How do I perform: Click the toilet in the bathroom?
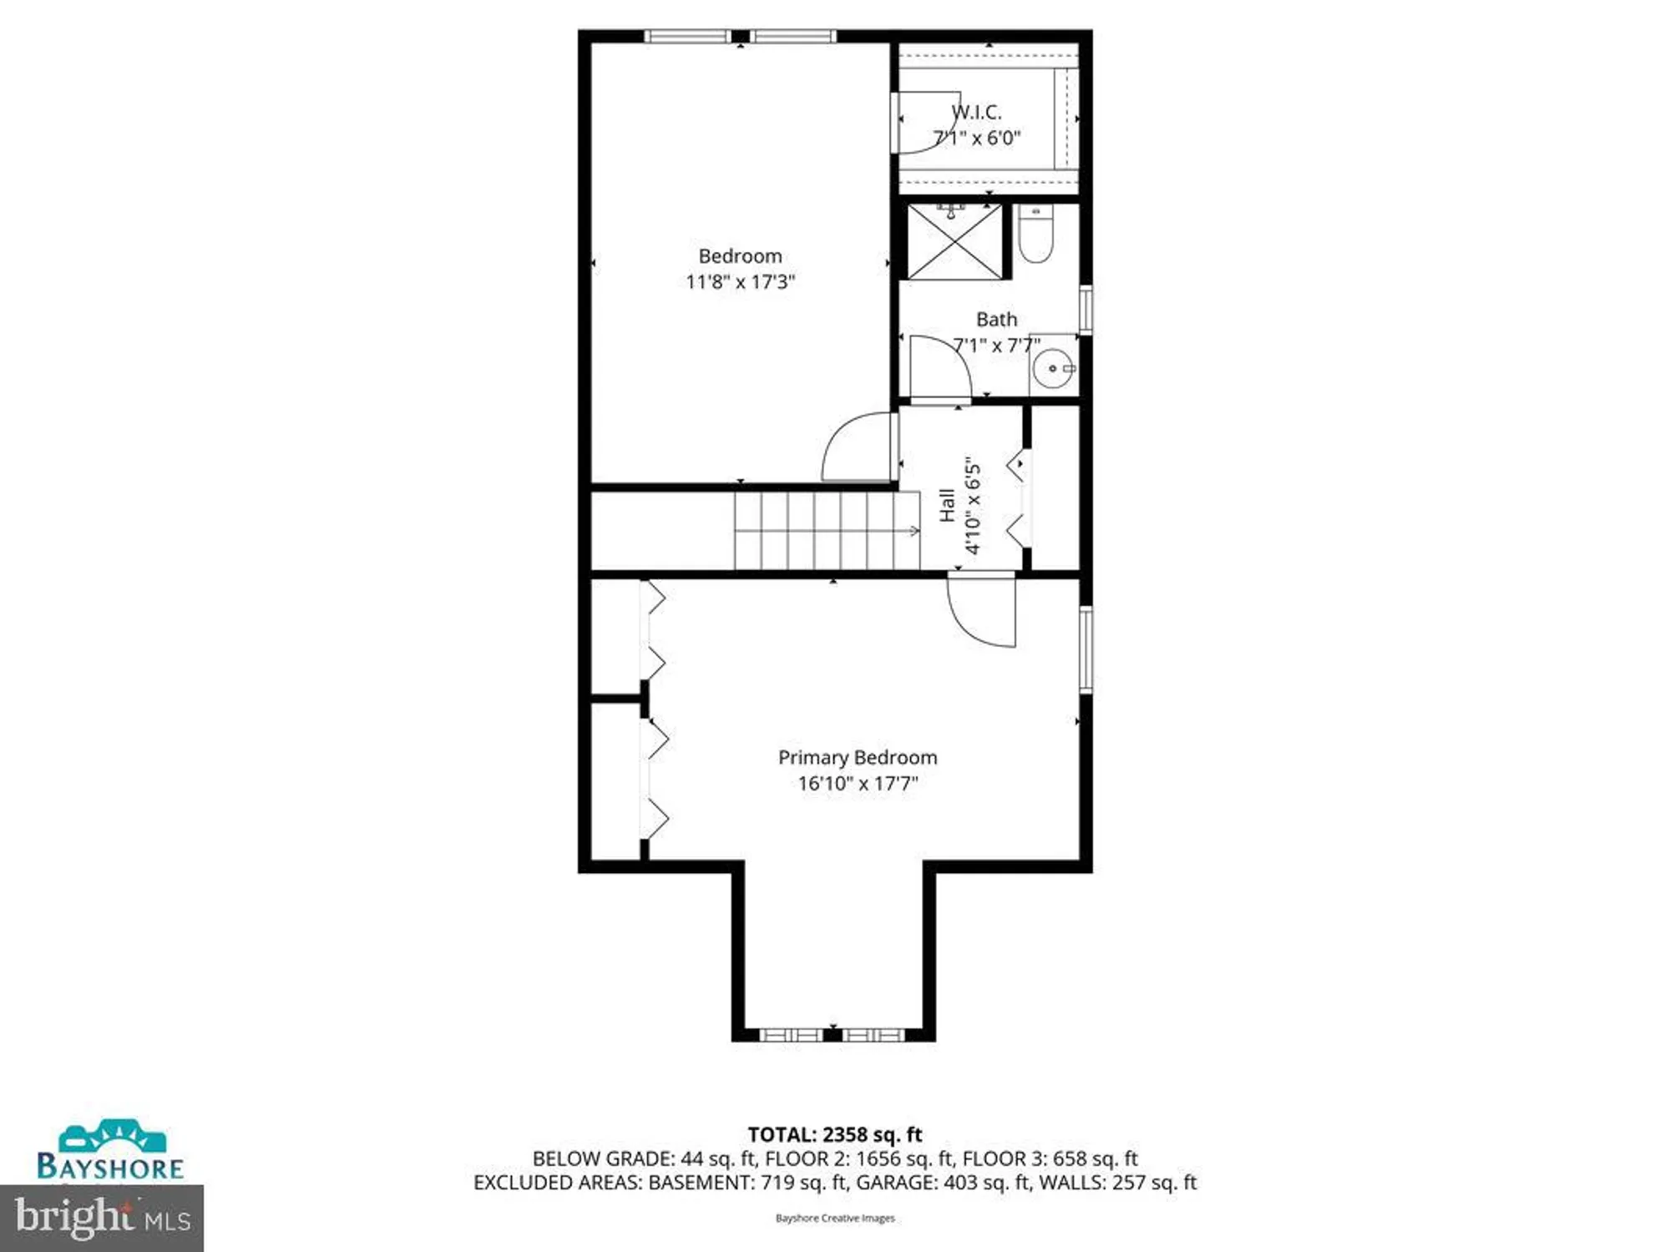[1035, 236]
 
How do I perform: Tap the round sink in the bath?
[1054, 368]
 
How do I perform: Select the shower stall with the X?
[954, 242]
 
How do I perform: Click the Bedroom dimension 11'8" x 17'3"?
[740, 282]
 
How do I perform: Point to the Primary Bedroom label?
[858, 757]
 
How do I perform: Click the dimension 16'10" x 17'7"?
[858, 784]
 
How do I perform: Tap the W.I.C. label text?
[976, 112]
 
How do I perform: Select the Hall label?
[947, 506]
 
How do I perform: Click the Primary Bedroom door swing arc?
[977, 618]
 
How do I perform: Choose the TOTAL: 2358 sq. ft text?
[834, 1134]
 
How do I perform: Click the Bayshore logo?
[110, 1152]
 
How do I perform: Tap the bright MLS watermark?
[102, 1218]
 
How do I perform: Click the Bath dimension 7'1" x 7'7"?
[996, 346]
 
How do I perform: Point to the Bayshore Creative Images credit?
[834, 1219]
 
